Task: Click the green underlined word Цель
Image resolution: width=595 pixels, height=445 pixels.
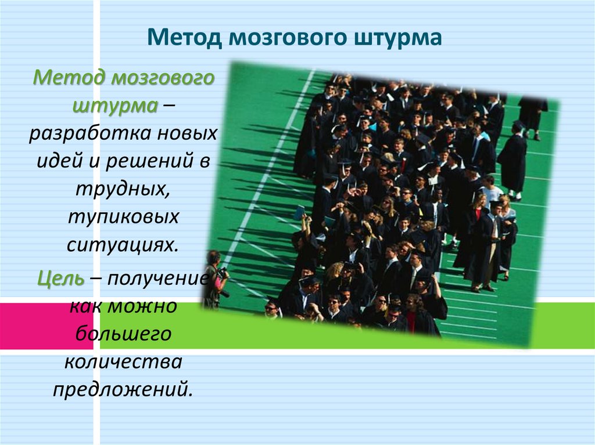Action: (x=61, y=277)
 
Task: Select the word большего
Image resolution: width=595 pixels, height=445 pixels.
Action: (x=123, y=334)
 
